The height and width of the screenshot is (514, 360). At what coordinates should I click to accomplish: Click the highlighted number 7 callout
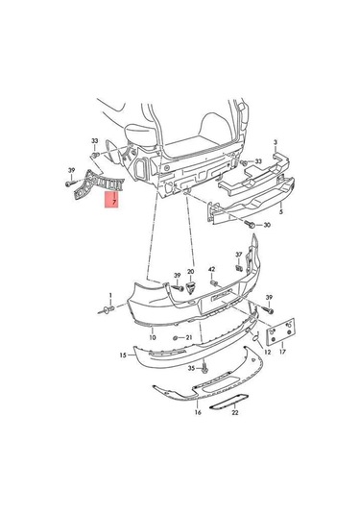coord(112,203)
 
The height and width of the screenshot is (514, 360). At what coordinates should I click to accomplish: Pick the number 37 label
coord(239,256)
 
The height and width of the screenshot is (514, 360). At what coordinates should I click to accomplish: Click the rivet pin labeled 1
coord(107,310)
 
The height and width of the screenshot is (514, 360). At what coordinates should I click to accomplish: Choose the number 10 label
coord(152,338)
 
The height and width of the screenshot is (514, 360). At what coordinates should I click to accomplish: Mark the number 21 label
coord(189,338)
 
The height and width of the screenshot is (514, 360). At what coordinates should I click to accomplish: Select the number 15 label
coord(123,355)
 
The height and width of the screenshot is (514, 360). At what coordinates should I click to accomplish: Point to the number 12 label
coord(267,353)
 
